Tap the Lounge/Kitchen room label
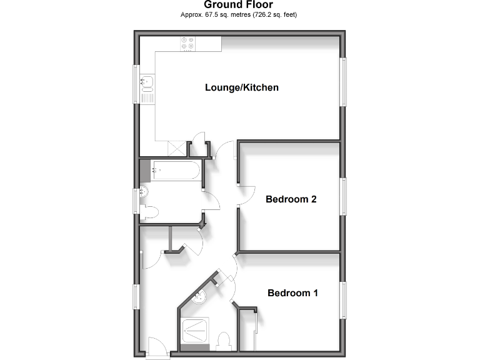click(x=241, y=87)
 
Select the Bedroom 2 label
click(x=291, y=200)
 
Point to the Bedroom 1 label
click(x=292, y=292)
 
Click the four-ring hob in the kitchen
click(x=187, y=44)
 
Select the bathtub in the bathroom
click(x=176, y=169)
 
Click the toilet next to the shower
click(x=223, y=341)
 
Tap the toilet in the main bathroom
click(x=148, y=212)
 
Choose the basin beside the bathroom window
click(x=144, y=192)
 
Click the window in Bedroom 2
click(x=343, y=197)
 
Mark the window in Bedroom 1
click(x=343, y=301)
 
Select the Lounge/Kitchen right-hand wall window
click(x=343, y=82)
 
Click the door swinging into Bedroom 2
click(x=246, y=194)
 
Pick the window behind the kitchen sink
click(x=136, y=84)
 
